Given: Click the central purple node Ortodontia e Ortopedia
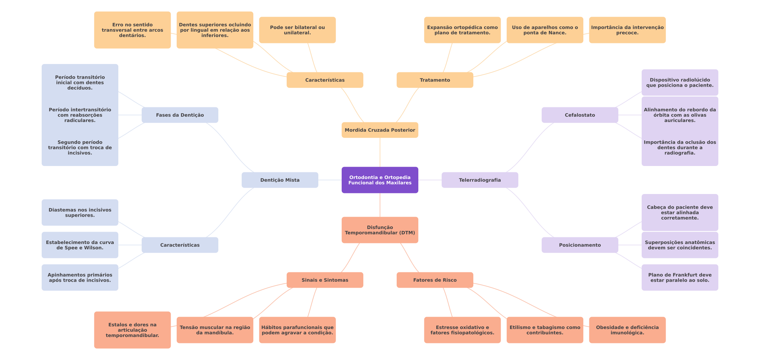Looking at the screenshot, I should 380,180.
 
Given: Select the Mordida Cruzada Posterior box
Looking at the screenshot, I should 380,130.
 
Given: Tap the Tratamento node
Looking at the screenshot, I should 435,80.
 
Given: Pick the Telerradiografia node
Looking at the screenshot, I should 480,180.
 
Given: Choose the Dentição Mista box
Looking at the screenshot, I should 280,180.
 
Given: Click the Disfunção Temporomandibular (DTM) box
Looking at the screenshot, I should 380,230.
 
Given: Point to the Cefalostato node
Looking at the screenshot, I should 580,115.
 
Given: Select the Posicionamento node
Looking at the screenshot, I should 580,245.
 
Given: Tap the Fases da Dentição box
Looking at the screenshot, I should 180,115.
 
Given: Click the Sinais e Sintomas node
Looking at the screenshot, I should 325,280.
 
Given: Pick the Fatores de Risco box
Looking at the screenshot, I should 435,280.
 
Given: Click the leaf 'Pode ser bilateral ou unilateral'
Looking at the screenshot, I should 297,30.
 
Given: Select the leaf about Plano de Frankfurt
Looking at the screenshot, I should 680,277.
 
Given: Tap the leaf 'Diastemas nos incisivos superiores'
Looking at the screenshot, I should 80,213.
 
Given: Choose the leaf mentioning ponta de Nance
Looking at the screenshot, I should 545,30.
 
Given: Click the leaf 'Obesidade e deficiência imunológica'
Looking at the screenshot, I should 627,330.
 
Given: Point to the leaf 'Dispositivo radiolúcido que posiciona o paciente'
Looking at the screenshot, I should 680,82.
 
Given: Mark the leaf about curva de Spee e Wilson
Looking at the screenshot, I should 80,245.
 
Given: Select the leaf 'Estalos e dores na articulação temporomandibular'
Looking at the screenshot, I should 132,330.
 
